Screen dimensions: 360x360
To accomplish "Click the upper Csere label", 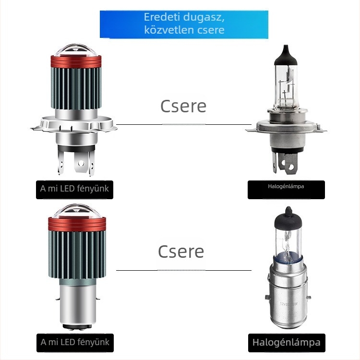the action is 183,106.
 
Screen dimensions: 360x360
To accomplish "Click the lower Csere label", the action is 181,252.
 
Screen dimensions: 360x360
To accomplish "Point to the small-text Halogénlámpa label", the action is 286,186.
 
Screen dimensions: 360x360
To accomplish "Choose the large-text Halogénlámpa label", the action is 286,342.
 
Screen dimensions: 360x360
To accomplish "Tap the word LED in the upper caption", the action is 67,189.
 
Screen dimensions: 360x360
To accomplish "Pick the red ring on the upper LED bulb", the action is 76,61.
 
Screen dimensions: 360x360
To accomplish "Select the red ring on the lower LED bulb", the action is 77,224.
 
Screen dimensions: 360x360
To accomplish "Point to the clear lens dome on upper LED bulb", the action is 76,50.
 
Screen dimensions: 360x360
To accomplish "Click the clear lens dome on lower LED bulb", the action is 76,211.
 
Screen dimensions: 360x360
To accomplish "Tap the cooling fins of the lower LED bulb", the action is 77,255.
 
